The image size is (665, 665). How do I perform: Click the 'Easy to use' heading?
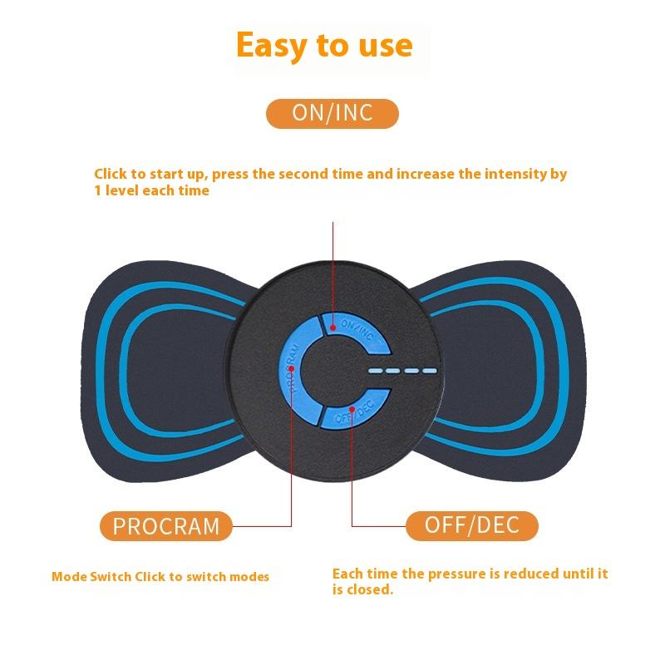(x=324, y=45)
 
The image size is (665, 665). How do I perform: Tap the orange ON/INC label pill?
(x=332, y=113)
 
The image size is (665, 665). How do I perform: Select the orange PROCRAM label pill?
(x=166, y=525)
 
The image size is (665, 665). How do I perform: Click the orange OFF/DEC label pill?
(x=471, y=525)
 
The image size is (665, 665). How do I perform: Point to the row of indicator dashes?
(x=402, y=372)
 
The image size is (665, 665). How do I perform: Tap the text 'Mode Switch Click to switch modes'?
(x=160, y=576)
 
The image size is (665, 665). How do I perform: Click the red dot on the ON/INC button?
(x=332, y=328)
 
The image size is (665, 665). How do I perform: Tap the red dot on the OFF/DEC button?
(x=352, y=410)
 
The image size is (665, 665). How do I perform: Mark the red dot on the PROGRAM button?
(x=292, y=367)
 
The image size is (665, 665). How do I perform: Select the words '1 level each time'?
(x=151, y=190)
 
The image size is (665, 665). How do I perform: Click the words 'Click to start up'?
(x=150, y=175)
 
